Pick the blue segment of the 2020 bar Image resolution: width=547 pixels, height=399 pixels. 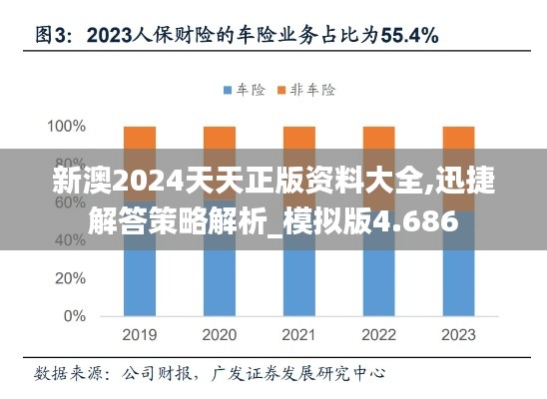tap(220, 274)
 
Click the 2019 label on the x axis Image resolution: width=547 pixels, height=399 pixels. tap(140, 335)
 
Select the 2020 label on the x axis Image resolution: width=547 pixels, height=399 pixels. tap(220, 335)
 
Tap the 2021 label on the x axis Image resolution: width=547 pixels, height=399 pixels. tap(299, 335)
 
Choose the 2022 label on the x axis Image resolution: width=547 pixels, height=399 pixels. tap(378, 335)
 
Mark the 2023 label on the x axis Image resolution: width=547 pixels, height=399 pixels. tap(458, 335)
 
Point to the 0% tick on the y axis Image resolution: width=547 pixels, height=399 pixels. tap(75, 316)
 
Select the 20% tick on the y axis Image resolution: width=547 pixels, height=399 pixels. tap(70, 278)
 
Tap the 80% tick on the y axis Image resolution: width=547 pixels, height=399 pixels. tap(70, 165)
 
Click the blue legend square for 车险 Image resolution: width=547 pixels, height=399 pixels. tap(227, 91)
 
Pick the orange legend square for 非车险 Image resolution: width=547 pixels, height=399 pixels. tap(281, 91)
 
